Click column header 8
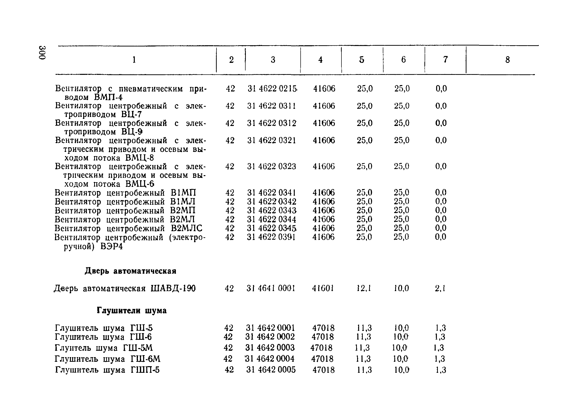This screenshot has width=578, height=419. [x=507, y=60]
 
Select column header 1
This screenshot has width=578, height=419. [x=134, y=60]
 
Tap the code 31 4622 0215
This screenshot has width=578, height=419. [x=272, y=89]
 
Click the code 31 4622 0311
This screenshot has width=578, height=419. [x=272, y=106]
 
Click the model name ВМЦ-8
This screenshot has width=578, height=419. [x=140, y=158]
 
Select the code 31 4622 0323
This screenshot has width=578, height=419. [x=272, y=166]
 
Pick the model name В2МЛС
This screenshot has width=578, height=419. [x=187, y=228]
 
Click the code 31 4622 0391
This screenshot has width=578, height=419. [x=271, y=237]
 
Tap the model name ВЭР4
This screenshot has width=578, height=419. [x=112, y=247]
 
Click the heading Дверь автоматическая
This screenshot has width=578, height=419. [x=130, y=271]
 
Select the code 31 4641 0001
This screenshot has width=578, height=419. [x=271, y=288]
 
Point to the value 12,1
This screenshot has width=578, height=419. [x=364, y=288]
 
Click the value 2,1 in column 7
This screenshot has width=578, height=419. [x=440, y=288]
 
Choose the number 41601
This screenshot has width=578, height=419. [x=323, y=288]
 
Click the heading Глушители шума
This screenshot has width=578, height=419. [x=132, y=310]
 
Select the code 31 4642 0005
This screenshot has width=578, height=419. [x=271, y=370]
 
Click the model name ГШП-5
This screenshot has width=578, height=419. [x=145, y=370]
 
